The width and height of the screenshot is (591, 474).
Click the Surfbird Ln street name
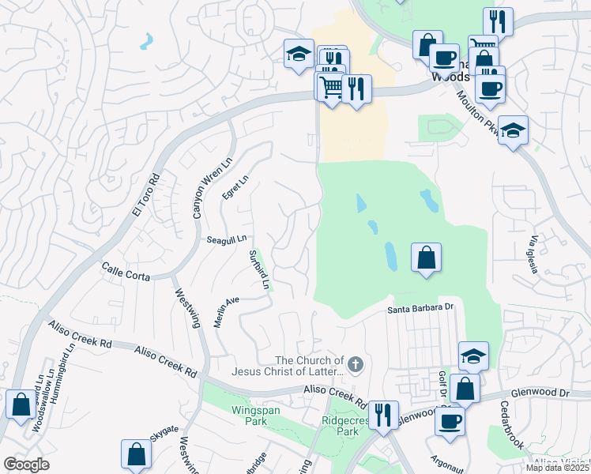coord(260,269)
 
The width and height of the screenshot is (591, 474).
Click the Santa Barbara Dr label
coord(423,308)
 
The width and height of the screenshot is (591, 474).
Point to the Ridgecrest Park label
coord(337,427)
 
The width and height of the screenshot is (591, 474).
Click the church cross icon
coord(356,364)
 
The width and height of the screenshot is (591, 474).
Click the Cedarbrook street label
coord(511,427)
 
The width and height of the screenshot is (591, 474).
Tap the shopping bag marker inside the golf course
coord(426,258)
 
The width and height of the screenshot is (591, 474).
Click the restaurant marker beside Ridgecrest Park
coord(382,415)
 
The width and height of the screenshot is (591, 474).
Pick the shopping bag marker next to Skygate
coord(136,454)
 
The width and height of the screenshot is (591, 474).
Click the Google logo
coord(26,465)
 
